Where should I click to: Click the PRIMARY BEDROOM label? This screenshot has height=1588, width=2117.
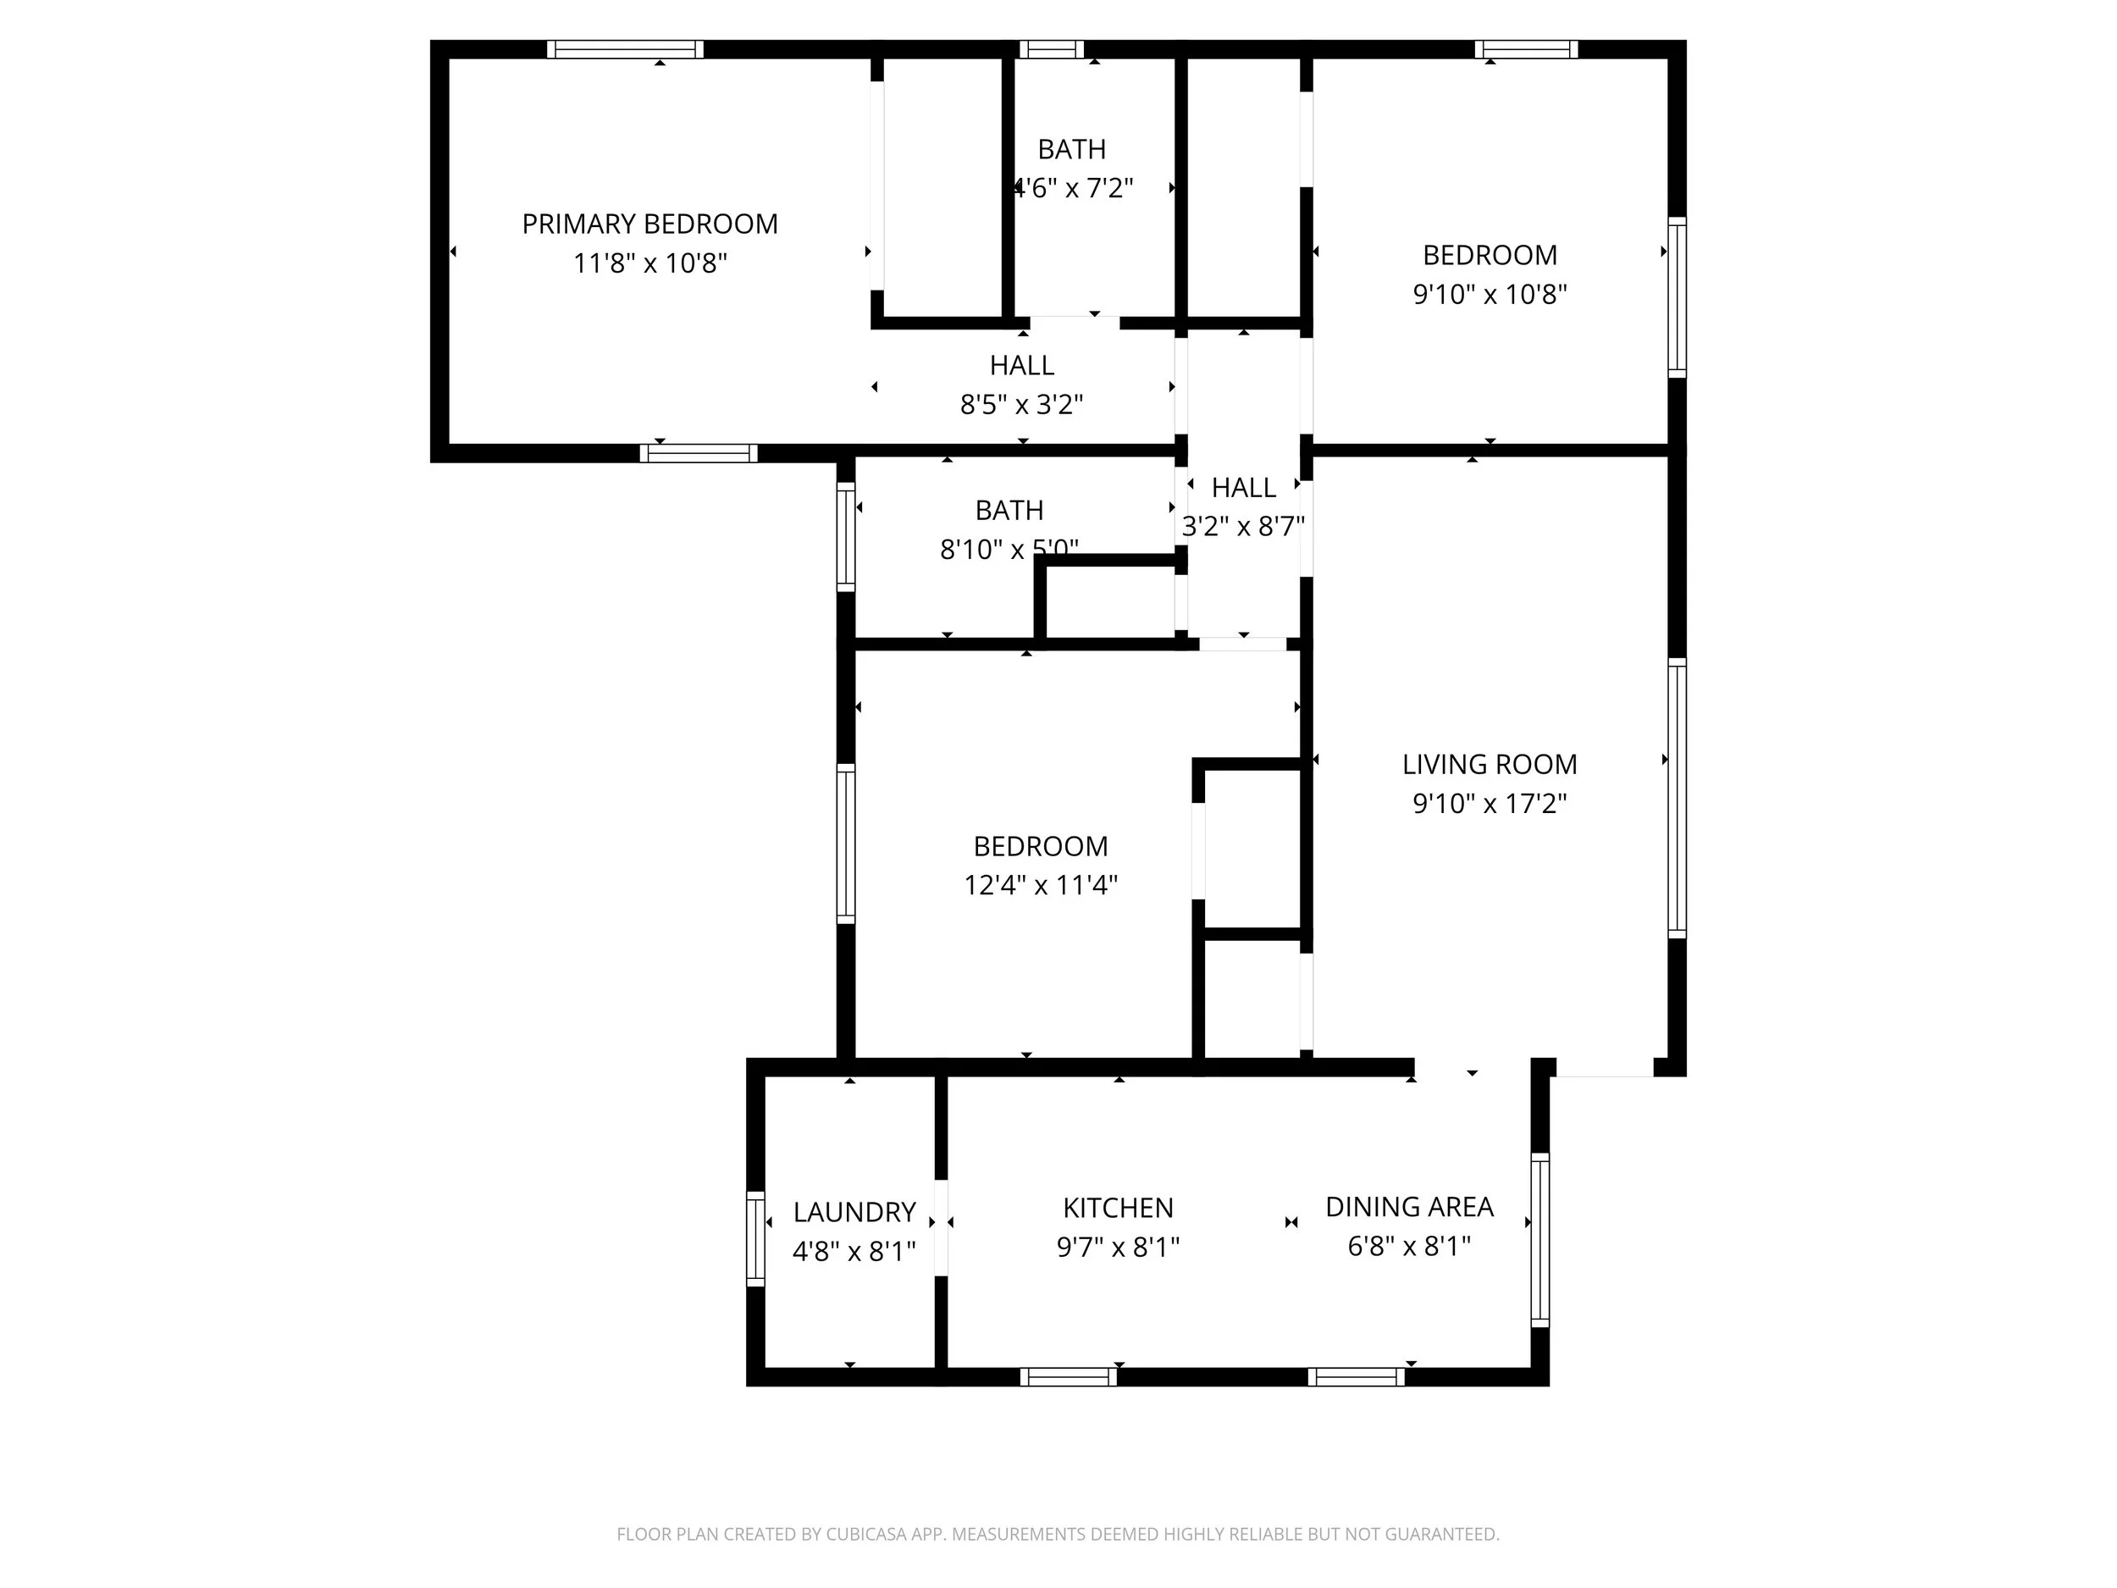click(x=649, y=224)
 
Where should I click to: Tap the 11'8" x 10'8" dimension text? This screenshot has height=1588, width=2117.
click(x=649, y=263)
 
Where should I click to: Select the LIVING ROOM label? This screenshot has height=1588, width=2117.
click(x=1490, y=764)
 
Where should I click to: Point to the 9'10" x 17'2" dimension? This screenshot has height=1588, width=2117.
click(x=1490, y=803)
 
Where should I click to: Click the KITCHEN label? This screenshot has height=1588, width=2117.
click(x=1118, y=1208)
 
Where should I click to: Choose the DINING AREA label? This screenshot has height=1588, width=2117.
click(x=1409, y=1207)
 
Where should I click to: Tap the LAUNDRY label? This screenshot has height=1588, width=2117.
click(x=854, y=1213)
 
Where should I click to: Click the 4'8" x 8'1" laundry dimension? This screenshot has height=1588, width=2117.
click(x=854, y=1251)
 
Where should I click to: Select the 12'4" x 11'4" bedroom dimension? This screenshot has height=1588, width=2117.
click(x=1041, y=885)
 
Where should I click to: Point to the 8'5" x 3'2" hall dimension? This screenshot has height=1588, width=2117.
click(x=1021, y=405)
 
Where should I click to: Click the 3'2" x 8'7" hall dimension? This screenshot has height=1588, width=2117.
click(x=1243, y=527)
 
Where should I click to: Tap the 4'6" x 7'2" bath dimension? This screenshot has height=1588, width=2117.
click(x=1074, y=189)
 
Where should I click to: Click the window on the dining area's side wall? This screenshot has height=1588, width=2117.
click(x=1539, y=1240)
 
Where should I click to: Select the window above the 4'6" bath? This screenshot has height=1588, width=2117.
click(x=1051, y=50)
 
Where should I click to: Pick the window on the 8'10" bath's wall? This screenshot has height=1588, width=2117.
click(x=845, y=537)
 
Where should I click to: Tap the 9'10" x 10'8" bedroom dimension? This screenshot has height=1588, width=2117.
click(x=1490, y=294)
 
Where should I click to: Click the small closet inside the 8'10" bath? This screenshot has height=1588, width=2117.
click(x=1110, y=601)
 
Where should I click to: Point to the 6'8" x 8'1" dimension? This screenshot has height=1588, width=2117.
click(x=1409, y=1247)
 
